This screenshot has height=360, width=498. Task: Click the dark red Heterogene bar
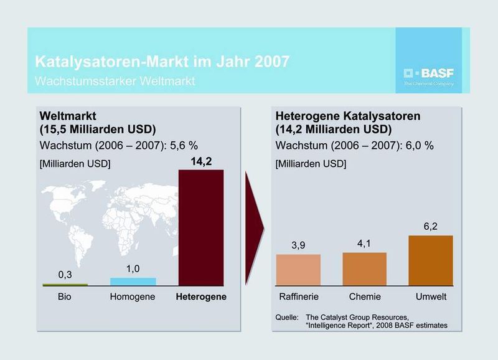tap(200, 227)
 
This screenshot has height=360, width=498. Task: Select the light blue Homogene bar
tap(133, 282)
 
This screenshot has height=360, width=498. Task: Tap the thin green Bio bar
tap(65, 284)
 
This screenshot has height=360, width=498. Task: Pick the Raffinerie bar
tap(298, 269)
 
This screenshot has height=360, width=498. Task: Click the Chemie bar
tap(364, 268)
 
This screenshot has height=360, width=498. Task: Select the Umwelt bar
tap(430, 260)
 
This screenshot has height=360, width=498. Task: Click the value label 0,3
tap(65, 274)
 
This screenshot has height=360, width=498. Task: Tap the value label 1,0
tap(133, 268)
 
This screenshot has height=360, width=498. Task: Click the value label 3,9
tap(298, 245)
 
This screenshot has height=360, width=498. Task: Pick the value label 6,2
tap(430, 227)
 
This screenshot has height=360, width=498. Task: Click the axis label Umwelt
tap(430, 297)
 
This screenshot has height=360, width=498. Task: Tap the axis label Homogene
tap(133, 297)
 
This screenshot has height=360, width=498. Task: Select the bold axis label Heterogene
tap(200, 297)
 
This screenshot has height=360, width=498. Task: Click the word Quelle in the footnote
tap(287, 318)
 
